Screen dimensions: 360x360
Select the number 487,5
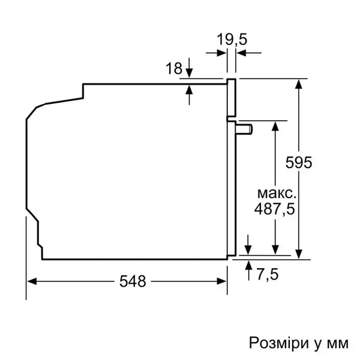pyautogui.click(x=276, y=209)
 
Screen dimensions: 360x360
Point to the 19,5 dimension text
pyautogui.click(x=232, y=40)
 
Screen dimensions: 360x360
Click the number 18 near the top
pyautogui.click(x=173, y=69)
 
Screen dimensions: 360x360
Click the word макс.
pyautogui.click(x=276, y=193)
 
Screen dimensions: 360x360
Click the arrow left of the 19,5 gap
pyautogui.click(x=221, y=53)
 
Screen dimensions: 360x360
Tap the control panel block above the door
pyautogui.click(x=231, y=96)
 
